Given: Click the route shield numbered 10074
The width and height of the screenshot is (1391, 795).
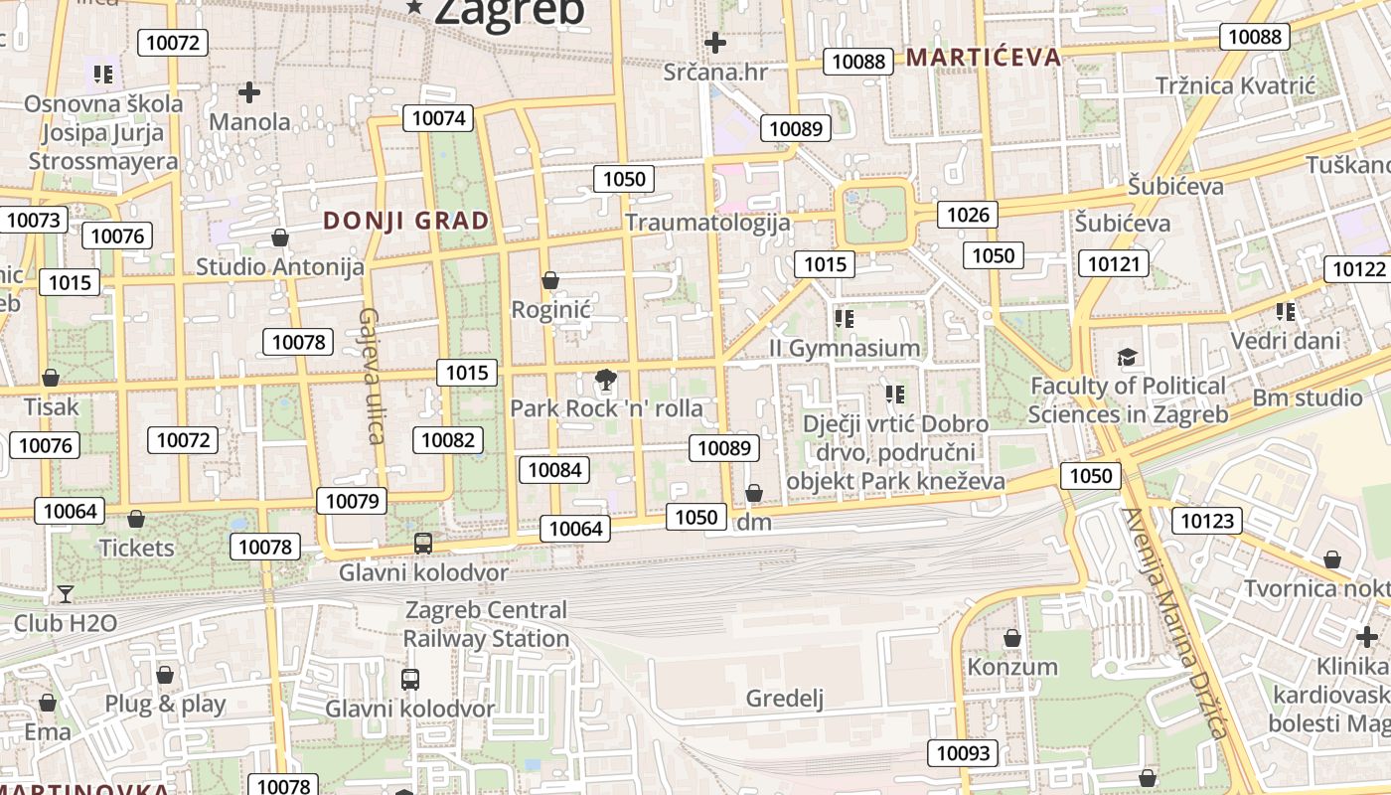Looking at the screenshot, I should (x=438, y=118).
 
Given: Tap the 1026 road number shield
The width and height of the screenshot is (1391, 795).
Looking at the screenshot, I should (x=968, y=215).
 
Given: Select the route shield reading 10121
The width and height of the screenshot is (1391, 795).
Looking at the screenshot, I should (x=1114, y=263).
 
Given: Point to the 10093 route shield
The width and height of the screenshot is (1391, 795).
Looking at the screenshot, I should (x=963, y=753).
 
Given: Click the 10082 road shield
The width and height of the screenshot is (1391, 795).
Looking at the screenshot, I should (x=449, y=439).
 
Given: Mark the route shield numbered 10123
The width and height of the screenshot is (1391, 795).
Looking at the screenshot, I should (x=1208, y=520).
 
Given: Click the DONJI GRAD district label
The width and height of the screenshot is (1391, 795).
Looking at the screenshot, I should (x=406, y=221).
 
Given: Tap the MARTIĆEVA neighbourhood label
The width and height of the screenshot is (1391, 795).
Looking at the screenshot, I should (x=984, y=58).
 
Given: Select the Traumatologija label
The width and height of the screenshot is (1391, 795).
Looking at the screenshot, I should (x=707, y=223).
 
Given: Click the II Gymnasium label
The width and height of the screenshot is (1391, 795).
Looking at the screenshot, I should (x=845, y=349).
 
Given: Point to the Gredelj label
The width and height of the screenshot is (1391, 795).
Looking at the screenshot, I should (x=785, y=699).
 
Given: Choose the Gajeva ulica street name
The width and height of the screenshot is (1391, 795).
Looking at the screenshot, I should (x=370, y=375).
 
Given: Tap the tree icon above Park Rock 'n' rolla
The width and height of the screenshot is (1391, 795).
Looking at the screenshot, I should (x=604, y=379).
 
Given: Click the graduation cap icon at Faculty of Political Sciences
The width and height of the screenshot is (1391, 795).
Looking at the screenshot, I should (x=1127, y=357).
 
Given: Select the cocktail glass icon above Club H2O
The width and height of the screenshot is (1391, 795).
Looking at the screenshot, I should (x=66, y=594).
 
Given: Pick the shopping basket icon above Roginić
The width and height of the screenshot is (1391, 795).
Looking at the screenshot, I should (x=550, y=281).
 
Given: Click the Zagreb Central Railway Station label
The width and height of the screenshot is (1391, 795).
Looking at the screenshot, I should (x=486, y=624).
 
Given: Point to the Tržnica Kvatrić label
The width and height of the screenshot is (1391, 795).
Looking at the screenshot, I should (x=1235, y=86).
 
